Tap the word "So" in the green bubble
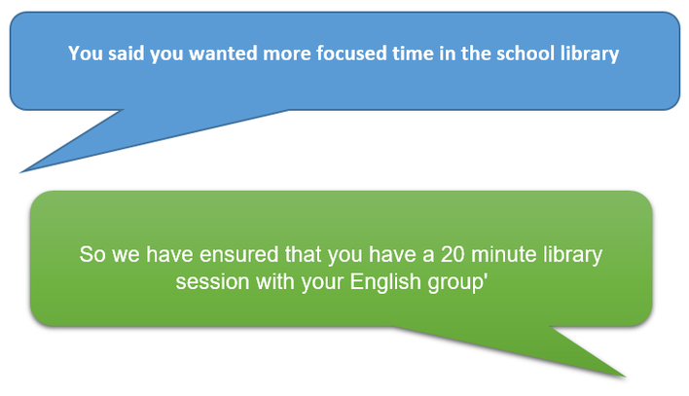point(92,255)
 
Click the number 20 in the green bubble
point(453,255)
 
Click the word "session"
point(213,282)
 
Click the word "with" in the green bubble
point(275,282)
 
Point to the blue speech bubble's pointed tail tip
point(20,172)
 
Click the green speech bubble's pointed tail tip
point(625,377)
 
